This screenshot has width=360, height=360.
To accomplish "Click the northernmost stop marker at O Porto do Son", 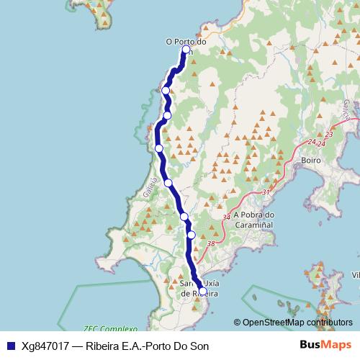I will tap(186, 50).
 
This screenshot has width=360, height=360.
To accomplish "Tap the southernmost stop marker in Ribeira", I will tap(202, 291).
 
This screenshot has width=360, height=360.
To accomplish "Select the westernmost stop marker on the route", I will tap(159, 148).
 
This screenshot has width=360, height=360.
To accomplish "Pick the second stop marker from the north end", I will tap(166, 90).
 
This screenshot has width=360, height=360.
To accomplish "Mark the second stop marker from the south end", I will tap(192, 234).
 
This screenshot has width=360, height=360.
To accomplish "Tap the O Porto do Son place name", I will tap(186, 42).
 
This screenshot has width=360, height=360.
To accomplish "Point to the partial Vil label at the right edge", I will tap(355, 275).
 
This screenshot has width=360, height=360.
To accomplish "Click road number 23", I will tap(329, 135).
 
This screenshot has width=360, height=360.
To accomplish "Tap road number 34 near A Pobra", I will tap(228, 217).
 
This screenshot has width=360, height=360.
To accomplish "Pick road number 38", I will tap(211, 244).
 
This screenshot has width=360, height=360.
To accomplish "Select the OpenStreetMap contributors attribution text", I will tap(297, 322).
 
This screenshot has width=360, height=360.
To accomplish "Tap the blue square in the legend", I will tap(10, 344).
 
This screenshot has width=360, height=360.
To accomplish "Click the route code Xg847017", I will tap(47, 344).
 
